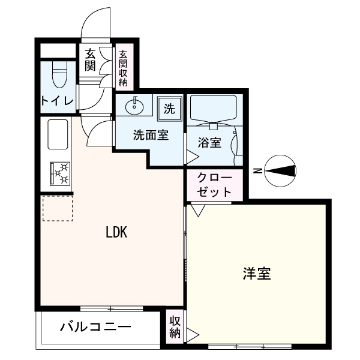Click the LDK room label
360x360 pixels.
coord(116,232)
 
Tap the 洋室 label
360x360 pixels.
coord(257,274)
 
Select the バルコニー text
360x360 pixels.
coord(95,327)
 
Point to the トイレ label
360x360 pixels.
coord(57,101)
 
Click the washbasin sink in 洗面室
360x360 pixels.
coord(134,106)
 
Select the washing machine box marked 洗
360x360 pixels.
coord(170,109)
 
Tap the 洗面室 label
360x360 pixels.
coord(151,135)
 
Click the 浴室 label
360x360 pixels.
coord(209,143)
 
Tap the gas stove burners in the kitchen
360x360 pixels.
coord(60,174)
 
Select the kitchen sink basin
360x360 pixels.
coord(58,134)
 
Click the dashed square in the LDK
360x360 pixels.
coord(58,208)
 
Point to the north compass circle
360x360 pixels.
coord(280,171)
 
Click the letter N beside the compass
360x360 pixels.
coord(257,171)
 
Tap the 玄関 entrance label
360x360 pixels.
coord(90,61)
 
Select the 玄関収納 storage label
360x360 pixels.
coord(123,68)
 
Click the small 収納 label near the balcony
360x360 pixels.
coord(175,327)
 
